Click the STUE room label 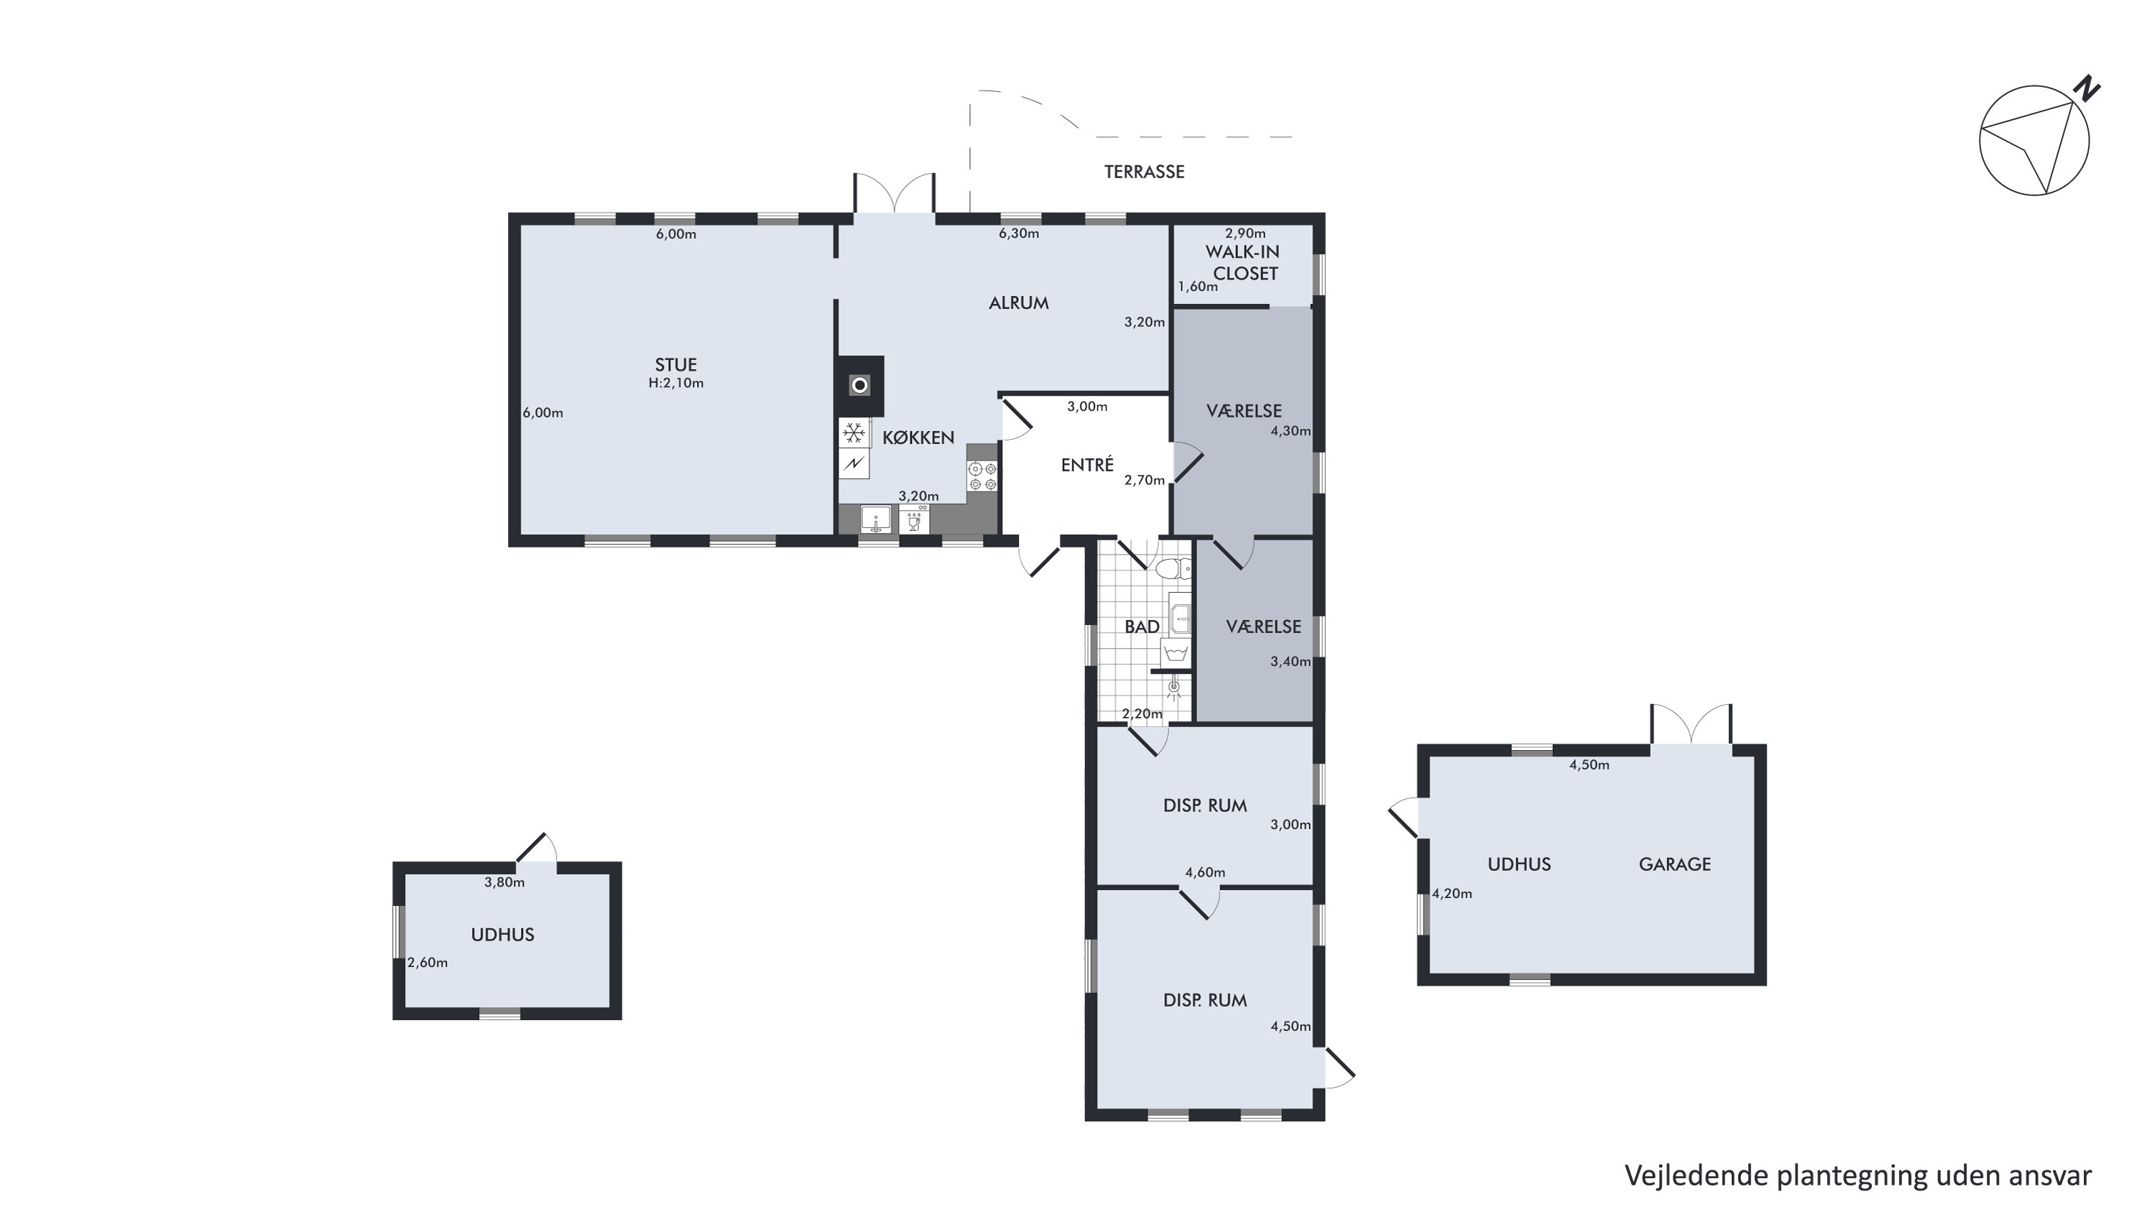[x=675, y=365]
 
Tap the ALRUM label [x=1018, y=302]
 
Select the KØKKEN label [x=918, y=438]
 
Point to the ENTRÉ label [x=1086, y=464]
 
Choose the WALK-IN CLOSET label [x=1244, y=263]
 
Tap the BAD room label [x=1142, y=626]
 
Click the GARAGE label [x=1674, y=864]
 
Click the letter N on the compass [x=2089, y=88]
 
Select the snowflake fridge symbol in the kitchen [x=853, y=433]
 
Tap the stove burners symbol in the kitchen [x=982, y=476]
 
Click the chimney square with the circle [x=860, y=386]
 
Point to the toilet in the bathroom [x=1173, y=570]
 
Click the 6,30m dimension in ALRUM [x=1018, y=233]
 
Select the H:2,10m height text [x=675, y=383]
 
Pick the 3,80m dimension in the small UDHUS [x=504, y=882]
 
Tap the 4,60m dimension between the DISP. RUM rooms [x=1204, y=872]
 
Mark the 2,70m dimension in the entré [x=1145, y=480]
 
